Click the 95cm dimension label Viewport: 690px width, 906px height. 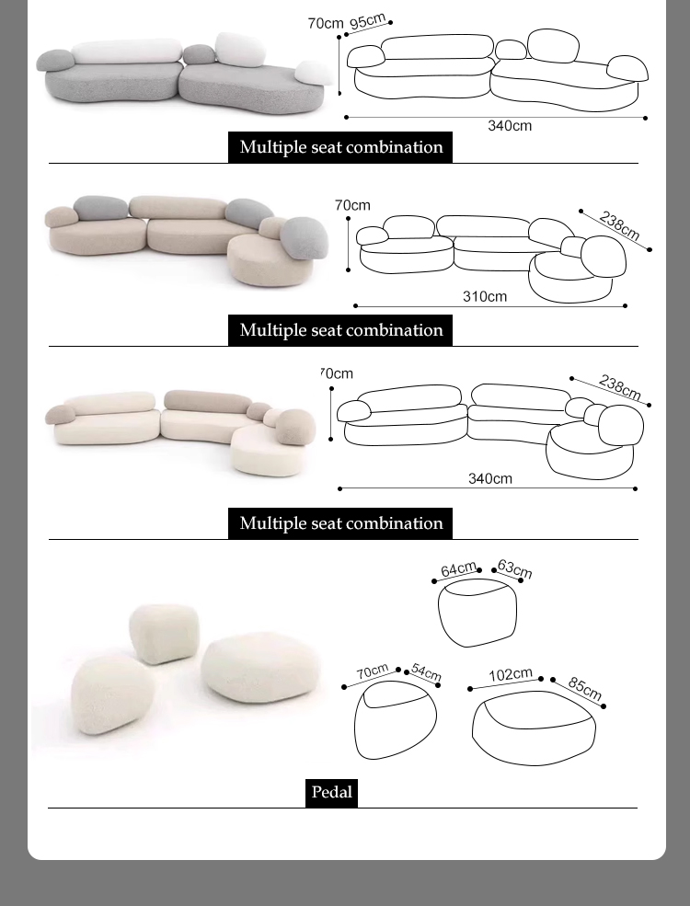click(x=367, y=21)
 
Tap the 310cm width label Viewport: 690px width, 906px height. click(x=485, y=296)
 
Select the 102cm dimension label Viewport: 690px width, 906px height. click(x=511, y=674)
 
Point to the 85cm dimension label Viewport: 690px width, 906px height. click(x=585, y=688)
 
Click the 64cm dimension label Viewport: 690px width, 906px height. click(x=459, y=569)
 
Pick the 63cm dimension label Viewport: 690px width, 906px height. click(x=514, y=568)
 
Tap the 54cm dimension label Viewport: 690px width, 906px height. click(x=427, y=672)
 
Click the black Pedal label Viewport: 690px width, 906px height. click(x=332, y=792)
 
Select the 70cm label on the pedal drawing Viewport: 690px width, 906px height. click(x=373, y=671)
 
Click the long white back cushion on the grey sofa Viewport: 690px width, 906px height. click(x=127, y=52)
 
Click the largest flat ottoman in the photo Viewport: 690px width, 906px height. click(x=260, y=668)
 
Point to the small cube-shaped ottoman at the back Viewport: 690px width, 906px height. click(x=164, y=634)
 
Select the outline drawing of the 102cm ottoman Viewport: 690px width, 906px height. click(x=534, y=728)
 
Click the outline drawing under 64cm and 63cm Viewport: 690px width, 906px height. click(x=477, y=613)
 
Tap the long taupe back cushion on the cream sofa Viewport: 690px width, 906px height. click(x=208, y=401)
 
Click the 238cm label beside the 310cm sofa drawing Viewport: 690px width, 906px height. click(x=619, y=225)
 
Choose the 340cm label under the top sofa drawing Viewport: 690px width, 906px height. click(x=510, y=125)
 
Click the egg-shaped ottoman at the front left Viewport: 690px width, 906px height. click(x=112, y=695)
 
